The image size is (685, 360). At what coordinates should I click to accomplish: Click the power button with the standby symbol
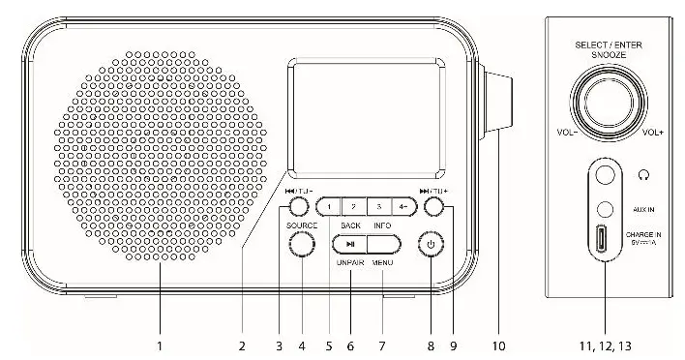click(431, 245)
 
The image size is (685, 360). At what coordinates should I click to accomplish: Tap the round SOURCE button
click(302, 245)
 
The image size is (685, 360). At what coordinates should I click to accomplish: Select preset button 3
click(379, 205)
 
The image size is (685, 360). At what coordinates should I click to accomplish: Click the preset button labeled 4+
click(403, 205)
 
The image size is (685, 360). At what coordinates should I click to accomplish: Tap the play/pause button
click(350, 245)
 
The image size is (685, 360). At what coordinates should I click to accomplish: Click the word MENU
click(381, 263)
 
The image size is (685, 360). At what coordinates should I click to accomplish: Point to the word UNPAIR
click(350, 263)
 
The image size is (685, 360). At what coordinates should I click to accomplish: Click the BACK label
click(350, 225)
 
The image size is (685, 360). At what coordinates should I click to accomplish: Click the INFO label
click(381, 225)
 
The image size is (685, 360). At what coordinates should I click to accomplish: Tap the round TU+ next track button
click(434, 206)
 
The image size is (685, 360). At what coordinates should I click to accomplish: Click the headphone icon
click(644, 175)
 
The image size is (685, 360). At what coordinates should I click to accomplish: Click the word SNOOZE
click(609, 56)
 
